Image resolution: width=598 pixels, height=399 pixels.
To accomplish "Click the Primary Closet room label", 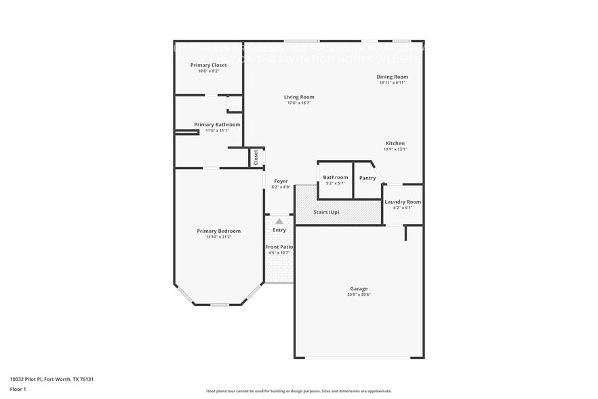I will [209, 65].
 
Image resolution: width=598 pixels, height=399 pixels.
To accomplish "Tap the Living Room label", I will [299, 97].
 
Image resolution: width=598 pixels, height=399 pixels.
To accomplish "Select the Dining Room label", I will [393, 77].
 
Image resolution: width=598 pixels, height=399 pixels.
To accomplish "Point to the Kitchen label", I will [395, 143].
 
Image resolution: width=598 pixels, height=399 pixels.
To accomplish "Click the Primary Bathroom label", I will [217, 124].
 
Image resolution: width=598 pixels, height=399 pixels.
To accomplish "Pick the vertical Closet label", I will [256, 157].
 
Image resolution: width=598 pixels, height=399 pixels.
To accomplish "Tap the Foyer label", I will [281, 181].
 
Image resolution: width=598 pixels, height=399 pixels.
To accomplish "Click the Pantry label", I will [367, 178].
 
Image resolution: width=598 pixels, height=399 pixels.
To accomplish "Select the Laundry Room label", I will [403, 202].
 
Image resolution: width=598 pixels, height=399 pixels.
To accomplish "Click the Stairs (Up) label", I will [326, 212].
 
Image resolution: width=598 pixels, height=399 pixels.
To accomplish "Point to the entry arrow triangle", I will [279, 221].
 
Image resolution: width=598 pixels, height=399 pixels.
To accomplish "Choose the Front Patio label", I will [279, 246].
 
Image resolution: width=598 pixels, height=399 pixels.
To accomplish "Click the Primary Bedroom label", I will [218, 231].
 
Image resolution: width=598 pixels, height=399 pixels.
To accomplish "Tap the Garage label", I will [359, 288].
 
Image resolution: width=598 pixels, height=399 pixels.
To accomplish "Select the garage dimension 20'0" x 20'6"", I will [359, 294].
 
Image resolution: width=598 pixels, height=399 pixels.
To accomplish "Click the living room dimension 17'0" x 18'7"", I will [299, 104].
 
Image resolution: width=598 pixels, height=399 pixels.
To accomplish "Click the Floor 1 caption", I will [18, 389].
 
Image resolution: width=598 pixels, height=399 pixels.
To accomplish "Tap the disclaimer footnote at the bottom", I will [299, 391].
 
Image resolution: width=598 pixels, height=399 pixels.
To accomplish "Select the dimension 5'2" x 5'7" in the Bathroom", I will [335, 183].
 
